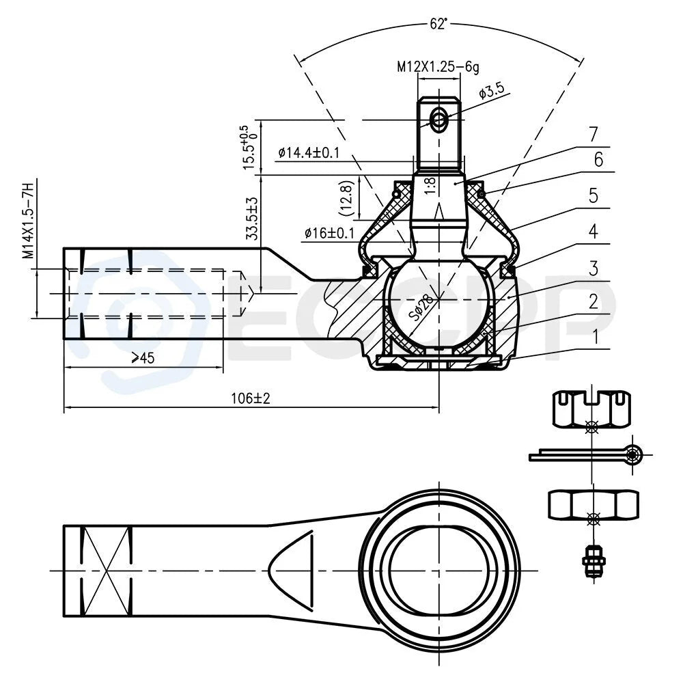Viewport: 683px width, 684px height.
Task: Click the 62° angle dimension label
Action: pos(438,24)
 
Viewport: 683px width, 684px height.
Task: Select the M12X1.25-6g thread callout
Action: pos(438,67)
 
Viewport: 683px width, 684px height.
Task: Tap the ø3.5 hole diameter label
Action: pos(492,90)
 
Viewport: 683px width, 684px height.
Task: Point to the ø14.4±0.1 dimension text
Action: pos(309,152)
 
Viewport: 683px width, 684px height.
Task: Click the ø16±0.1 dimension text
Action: pos(330,233)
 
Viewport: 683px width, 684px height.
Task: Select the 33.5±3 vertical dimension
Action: pos(252,218)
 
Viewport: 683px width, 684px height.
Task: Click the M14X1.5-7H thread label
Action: pos(28,221)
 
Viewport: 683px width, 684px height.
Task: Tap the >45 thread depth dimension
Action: pos(143,357)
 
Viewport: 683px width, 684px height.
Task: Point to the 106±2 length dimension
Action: pos(251,398)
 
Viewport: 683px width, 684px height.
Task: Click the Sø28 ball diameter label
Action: pos(421,307)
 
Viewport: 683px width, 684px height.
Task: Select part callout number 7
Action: pos(593,135)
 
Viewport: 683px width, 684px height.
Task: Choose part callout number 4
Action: pos(593,231)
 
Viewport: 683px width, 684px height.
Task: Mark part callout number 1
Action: pos(594,337)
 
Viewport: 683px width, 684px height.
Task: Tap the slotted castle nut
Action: pos(592,409)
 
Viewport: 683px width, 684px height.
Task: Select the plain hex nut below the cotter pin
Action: pos(593,505)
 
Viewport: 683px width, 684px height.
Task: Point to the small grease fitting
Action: pos(593,560)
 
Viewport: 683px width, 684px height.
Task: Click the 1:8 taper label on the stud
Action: pos(430,185)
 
